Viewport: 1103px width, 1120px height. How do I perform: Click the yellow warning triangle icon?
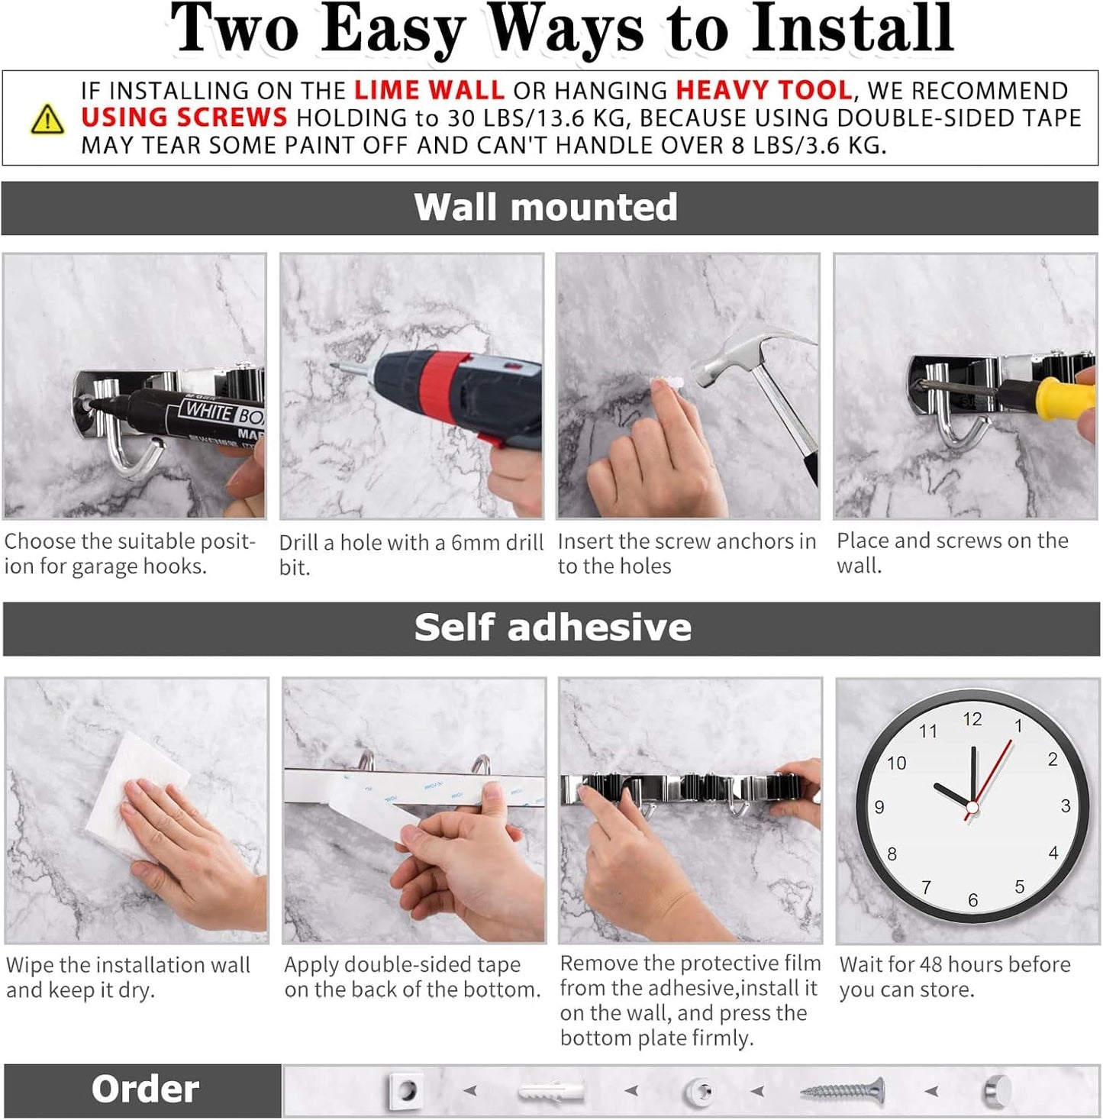point(47,120)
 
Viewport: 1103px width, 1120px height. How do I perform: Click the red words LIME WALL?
point(428,91)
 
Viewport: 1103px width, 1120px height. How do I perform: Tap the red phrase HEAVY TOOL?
point(763,91)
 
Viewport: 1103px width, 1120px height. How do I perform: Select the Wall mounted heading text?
point(545,208)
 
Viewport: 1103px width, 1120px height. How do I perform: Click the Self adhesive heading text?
point(552,628)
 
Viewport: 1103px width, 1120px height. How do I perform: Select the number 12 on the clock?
point(972,719)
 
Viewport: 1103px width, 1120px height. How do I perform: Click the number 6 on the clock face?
point(972,900)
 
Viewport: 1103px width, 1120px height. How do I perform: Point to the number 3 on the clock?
point(1065,806)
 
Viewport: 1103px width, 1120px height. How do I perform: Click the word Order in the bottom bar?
point(145,1089)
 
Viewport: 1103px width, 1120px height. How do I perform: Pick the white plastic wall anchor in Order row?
point(550,1092)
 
